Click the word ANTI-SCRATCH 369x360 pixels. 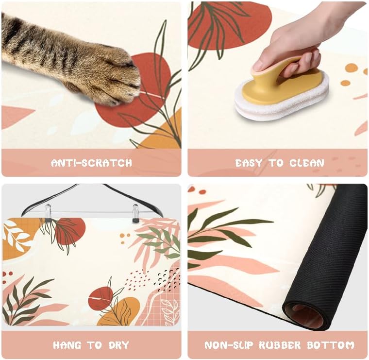pyautogui.click(x=91, y=163)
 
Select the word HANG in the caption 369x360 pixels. pyautogui.click(x=67, y=345)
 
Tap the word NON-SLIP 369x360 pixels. pyautogui.click(x=228, y=345)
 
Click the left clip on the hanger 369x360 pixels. pyautogui.click(x=48, y=213)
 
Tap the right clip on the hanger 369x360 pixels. pyautogui.click(x=135, y=213)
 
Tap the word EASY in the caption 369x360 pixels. pyautogui.click(x=250, y=163)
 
